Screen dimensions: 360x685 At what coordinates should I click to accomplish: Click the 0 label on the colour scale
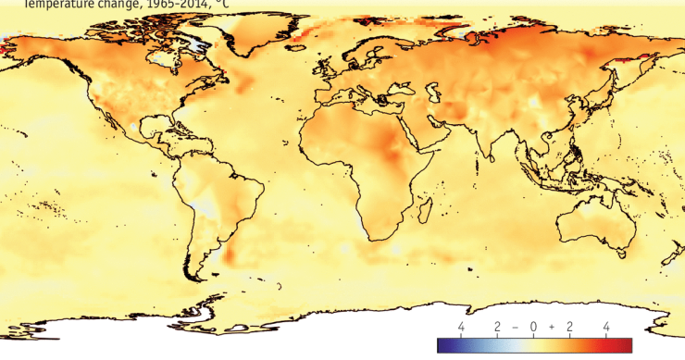533,328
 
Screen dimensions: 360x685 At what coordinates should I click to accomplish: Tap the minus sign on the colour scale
515,328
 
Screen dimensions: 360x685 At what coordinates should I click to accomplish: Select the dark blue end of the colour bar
442,345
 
